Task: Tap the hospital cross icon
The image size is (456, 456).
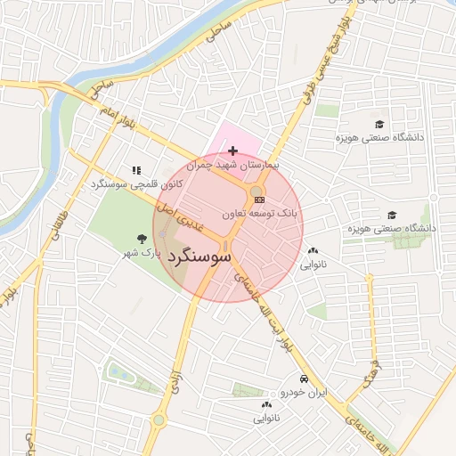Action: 233,151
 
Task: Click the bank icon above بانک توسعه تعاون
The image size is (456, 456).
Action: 259,200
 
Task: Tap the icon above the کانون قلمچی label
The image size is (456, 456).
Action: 136,169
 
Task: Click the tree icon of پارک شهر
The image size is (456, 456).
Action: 141,238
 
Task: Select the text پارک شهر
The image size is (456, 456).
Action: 142,253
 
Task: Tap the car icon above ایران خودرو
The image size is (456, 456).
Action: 305,378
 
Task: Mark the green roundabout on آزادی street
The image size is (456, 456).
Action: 159,419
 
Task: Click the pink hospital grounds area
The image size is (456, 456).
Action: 233,137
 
